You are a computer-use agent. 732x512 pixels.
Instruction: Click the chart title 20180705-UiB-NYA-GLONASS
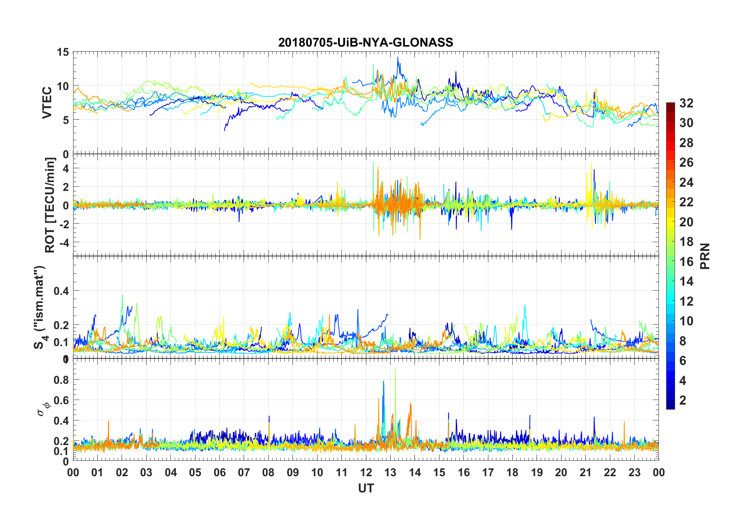click(x=366, y=42)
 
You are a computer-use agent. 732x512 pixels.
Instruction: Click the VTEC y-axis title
click(x=47, y=103)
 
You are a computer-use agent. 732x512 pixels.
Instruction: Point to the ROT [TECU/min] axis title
click(x=50, y=205)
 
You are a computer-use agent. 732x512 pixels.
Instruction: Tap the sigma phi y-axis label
click(x=43, y=409)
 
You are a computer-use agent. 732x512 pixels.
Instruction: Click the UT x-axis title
click(x=366, y=489)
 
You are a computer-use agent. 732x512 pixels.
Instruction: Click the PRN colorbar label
click(x=705, y=256)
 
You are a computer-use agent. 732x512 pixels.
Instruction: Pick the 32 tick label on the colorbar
click(x=686, y=103)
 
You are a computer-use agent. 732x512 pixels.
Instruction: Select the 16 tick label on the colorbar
click(x=686, y=262)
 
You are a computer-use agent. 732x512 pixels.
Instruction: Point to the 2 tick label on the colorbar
click(x=683, y=400)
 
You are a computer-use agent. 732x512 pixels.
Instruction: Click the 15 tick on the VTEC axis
click(x=63, y=52)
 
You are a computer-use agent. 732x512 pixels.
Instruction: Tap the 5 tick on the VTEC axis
click(x=65, y=120)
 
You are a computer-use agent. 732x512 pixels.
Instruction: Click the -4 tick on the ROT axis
click(x=62, y=243)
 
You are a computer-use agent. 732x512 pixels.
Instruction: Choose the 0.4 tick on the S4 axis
click(x=61, y=291)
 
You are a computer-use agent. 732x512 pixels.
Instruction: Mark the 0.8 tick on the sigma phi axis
click(x=61, y=380)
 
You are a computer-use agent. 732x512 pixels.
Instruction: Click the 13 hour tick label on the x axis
click(x=390, y=473)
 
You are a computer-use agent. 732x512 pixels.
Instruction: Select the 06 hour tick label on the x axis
click(x=219, y=473)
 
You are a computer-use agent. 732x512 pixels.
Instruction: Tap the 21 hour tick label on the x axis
click(x=585, y=473)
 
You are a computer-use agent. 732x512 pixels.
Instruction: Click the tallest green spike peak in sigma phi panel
click(x=395, y=370)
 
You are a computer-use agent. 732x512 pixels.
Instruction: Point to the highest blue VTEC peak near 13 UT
click(x=398, y=57)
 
